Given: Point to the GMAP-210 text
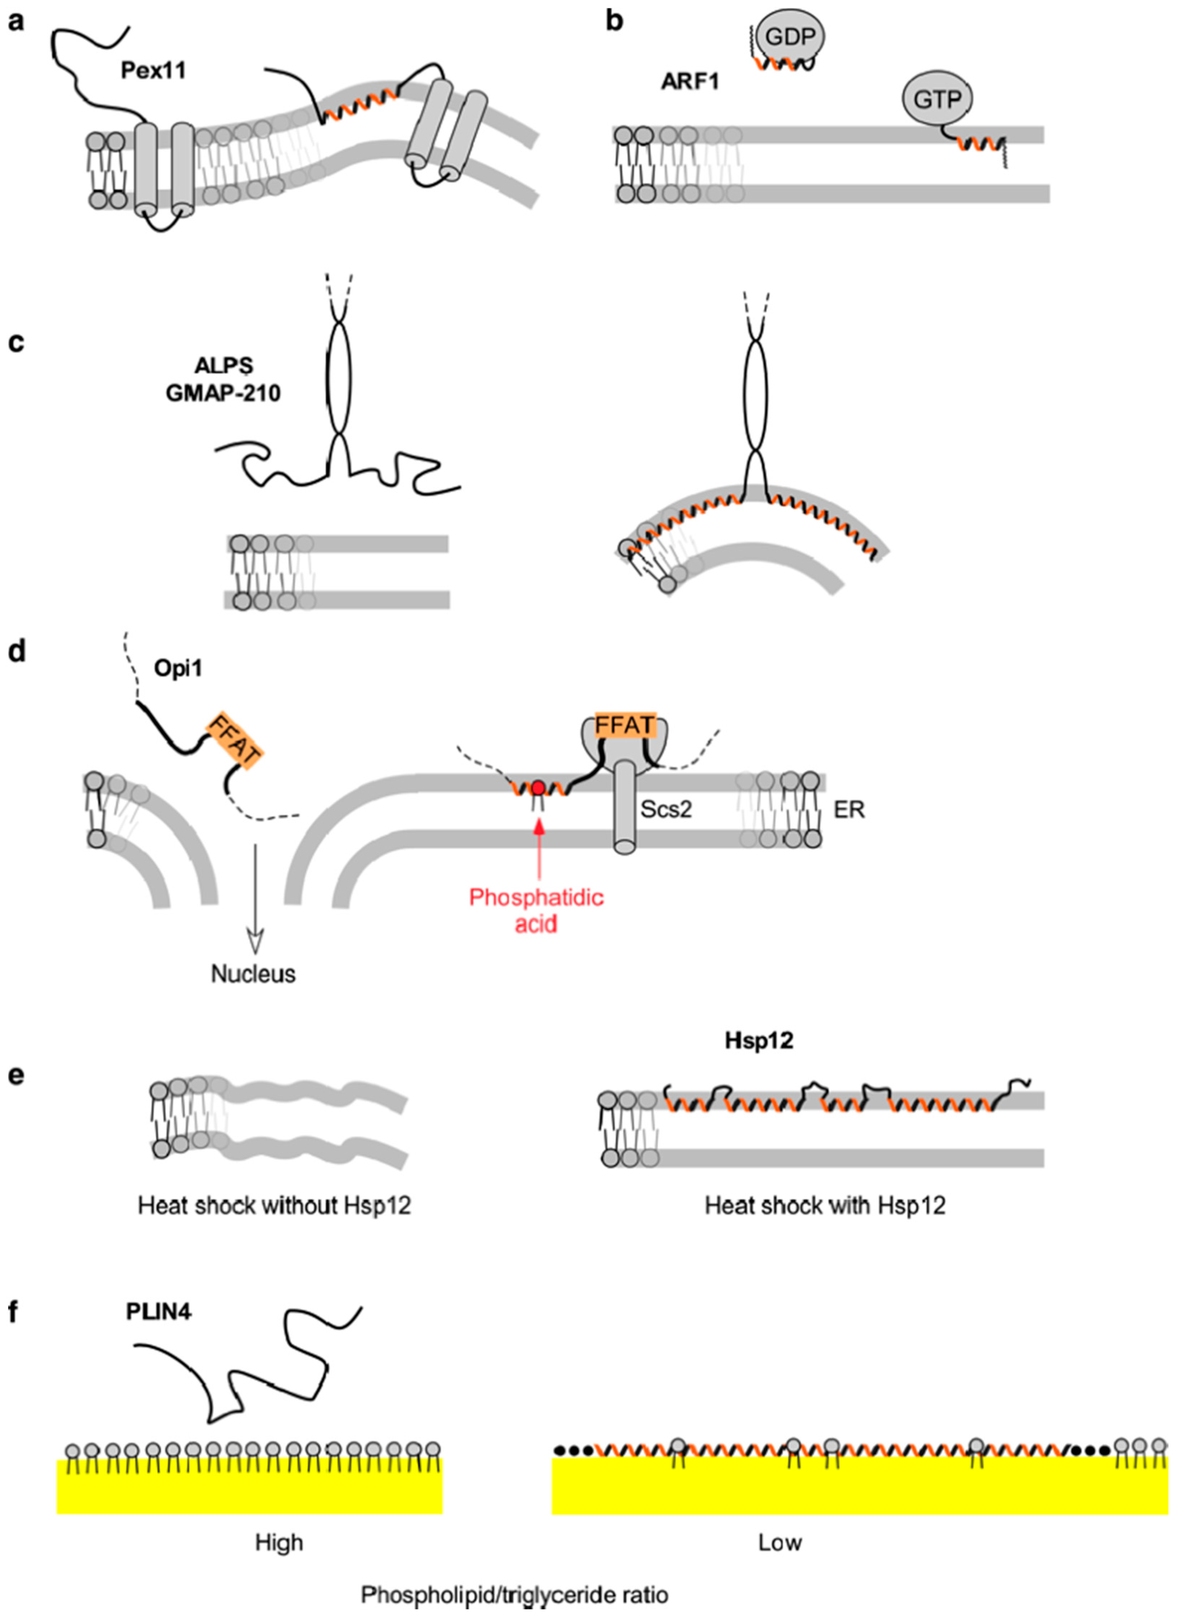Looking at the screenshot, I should tap(223, 392).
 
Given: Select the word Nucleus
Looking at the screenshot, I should tap(253, 974).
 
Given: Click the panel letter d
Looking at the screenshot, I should tap(16, 651).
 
